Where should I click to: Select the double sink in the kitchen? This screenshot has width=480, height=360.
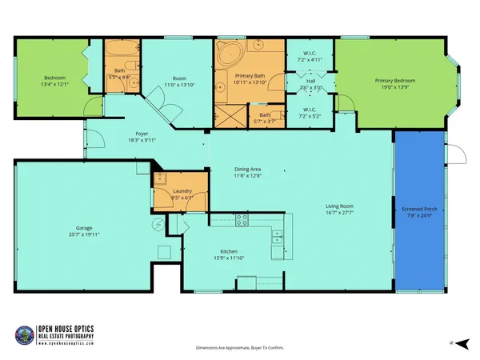tap(277, 237)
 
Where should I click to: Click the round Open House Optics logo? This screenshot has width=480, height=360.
tap(26, 335)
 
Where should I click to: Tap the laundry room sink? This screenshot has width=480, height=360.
tap(160, 179)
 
